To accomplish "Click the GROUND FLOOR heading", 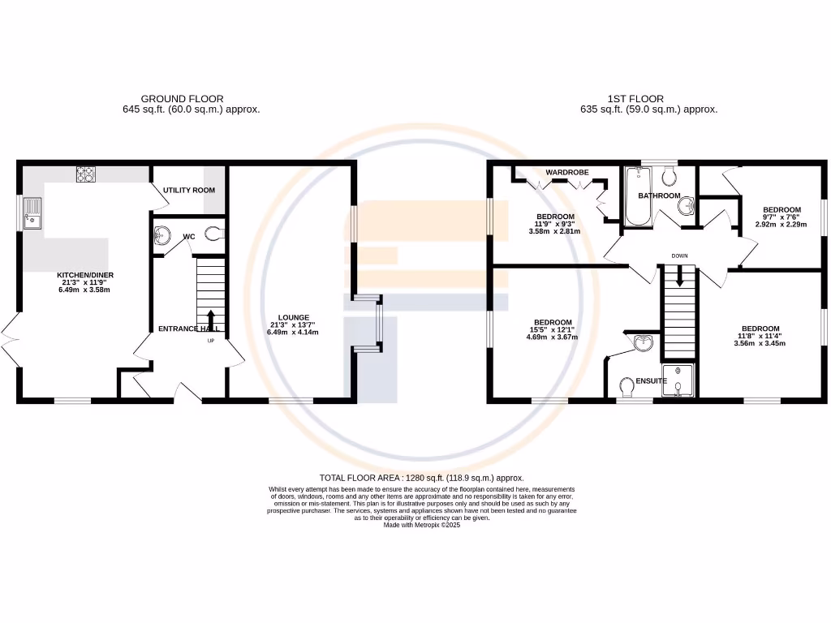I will (182, 99).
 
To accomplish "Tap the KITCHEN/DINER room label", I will (84, 276).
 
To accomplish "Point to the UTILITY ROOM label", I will (189, 190).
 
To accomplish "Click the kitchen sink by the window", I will (32, 216).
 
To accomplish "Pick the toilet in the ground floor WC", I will (213, 234).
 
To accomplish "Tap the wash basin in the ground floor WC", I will (161, 235).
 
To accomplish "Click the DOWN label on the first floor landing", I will (680, 256).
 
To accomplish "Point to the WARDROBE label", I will (567, 173).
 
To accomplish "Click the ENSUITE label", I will (651, 380).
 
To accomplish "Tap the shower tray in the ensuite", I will (679, 380).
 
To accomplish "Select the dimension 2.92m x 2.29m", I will (781, 224).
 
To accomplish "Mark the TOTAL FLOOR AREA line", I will (422, 479).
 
